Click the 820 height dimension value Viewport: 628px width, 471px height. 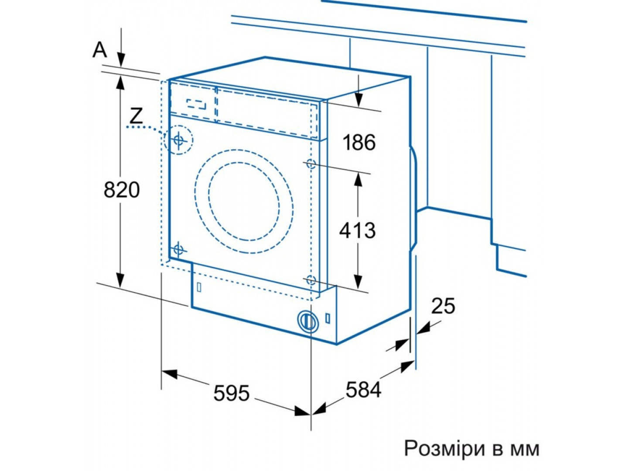[x=122, y=190]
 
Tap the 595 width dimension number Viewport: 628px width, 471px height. [x=231, y=393]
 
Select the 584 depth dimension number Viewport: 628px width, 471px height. [x=363, y=389]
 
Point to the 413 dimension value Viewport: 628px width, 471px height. [x=357, y=230]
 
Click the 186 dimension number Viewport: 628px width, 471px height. [x=359, y=143]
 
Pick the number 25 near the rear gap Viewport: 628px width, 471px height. [x=443, y=306]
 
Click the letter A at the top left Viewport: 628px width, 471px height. [x=100, y=50]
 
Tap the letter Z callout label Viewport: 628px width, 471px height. [x=137, y=116]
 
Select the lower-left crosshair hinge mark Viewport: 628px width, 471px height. [x=178, y=249]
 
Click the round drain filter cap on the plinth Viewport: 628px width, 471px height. [x=307, y=321]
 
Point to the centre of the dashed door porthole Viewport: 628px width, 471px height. [x=244, y=201]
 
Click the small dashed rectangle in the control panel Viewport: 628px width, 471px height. [x=197, y=104]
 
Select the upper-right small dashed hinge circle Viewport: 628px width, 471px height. [x=311, y=164]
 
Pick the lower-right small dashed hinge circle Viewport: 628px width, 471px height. [x=311, y=280]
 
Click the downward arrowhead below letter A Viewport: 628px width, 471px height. [x=121, y=60]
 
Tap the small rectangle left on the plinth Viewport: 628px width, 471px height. [x=199, y=288]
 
